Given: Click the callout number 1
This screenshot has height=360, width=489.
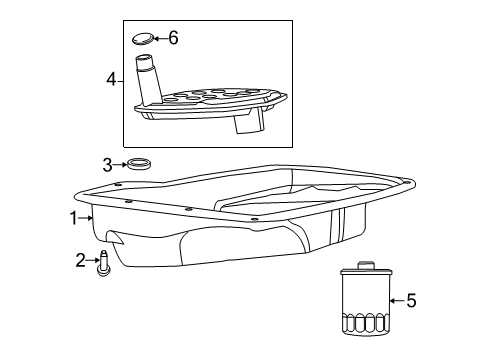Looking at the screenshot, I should [x=73, y=216].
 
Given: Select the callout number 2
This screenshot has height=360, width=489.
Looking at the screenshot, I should [x=80, y=262].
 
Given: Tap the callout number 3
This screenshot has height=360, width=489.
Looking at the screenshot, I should [x=106, y=164].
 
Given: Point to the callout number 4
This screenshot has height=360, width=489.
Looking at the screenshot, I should [x=113, y=76].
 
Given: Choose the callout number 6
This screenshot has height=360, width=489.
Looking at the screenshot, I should [x=173, y=38].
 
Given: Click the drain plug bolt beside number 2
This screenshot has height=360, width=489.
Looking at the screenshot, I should [x=102, y=265].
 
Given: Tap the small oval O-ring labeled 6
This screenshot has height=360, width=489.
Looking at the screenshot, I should [x=144, y=40].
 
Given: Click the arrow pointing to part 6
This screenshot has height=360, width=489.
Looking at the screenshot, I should [x=161, y=39].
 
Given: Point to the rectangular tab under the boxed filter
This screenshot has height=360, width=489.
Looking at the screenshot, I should [x=246, y=124].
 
